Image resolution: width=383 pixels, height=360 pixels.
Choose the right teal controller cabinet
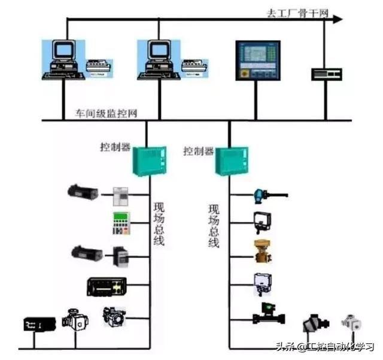click(x=231, y=162)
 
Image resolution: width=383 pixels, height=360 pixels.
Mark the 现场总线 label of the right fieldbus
click(x=214, y=226)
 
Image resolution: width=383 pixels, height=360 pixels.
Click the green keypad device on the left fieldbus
click(x=121, y=223)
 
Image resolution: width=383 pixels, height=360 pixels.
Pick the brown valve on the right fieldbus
click(x=263, y=252)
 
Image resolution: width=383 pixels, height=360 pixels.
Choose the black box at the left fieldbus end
click(x=34, y=324)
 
